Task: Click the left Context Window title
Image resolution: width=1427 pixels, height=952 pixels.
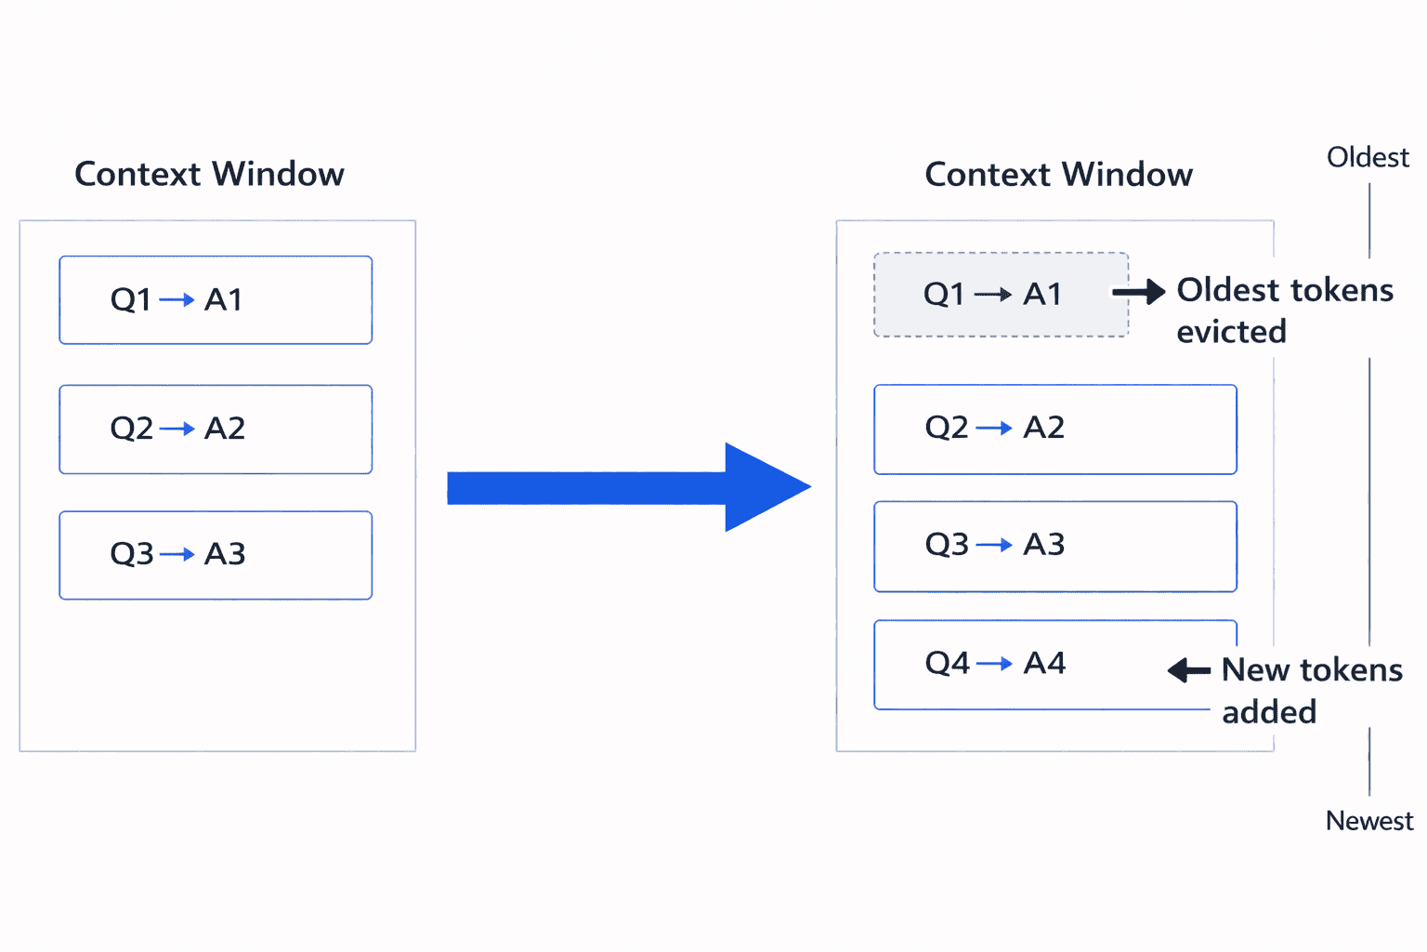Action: coord(209,174)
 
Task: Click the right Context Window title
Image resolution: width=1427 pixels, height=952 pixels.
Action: coord(1058,174)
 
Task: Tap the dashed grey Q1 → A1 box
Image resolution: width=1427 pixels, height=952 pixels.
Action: coord(1001,295)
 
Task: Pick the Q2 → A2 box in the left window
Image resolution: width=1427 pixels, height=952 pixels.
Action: coord(216,430)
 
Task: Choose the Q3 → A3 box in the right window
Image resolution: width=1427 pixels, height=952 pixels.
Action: coord(1054,546)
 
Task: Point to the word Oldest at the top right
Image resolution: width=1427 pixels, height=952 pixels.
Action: coord(1368,157)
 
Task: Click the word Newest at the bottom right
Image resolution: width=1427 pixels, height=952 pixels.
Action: coord(1368,821)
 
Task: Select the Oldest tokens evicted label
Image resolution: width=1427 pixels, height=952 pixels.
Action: coord(1284,311)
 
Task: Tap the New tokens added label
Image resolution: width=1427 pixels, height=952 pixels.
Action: coord(1311,690)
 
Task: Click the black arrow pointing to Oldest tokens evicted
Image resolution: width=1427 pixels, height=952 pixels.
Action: coord(1139,292)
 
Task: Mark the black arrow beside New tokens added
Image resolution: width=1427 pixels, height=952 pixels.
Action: coord(1189,669)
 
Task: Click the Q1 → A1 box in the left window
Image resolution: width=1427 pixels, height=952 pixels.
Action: coord(216,300)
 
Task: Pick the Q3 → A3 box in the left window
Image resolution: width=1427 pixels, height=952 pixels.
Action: coord(216,555)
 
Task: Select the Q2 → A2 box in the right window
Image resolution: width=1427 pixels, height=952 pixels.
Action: coord(1054,430)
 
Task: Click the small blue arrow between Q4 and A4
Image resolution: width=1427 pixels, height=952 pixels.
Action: coord(994,664)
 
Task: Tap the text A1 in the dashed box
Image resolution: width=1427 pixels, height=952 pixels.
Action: coord(1042,295)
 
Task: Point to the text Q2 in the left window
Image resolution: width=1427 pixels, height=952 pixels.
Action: coord(131,429)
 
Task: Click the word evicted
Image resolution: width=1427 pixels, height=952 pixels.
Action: coord(1231,332)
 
